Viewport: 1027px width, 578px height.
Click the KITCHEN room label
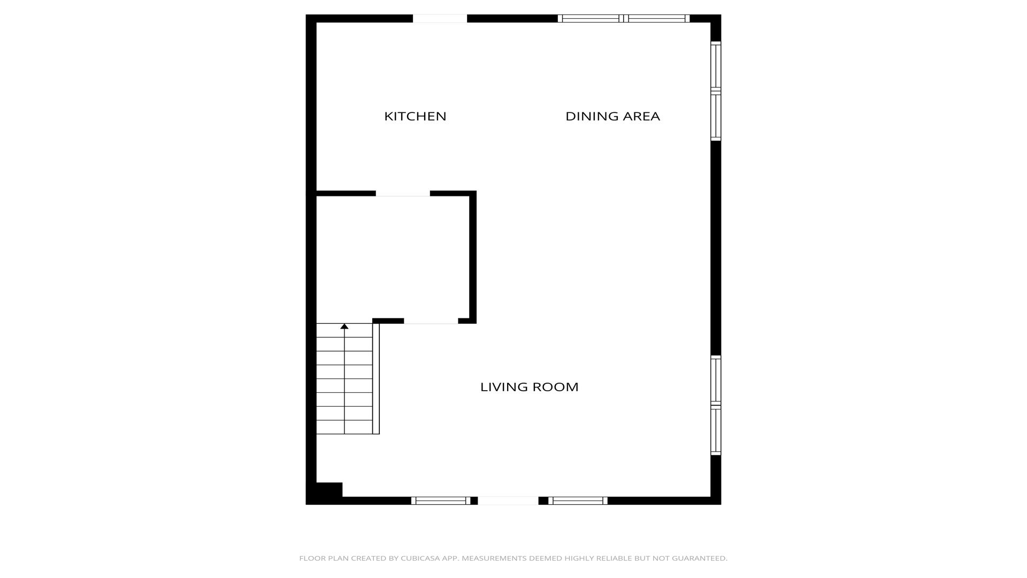click(x=415, y=116)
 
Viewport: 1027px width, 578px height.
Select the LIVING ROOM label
click(x=529, y=387)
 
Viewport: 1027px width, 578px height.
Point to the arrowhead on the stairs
click(x=344, y=326)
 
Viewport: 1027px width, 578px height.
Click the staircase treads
click(x=344, y=378)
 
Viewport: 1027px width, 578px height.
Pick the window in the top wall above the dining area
click(x=624, y=19)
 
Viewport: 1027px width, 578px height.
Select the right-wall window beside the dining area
click(x=716, y=91)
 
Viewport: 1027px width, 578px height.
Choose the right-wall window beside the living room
click(x=716, y=405)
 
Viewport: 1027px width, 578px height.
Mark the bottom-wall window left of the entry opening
click(x=441, y=501)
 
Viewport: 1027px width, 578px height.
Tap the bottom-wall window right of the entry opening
click(x=578, y=501)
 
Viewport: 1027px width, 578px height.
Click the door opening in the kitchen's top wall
click(x=440, y=19)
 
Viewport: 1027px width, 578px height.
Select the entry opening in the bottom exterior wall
click(x=508, y=501)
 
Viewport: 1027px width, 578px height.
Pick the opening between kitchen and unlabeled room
click(x=403, y=193)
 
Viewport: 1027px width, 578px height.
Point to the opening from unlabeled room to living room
click(x=431, y=321)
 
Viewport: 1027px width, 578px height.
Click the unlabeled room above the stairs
click(x=393, y=257)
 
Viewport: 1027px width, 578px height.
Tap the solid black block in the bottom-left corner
click(x=325, y=493)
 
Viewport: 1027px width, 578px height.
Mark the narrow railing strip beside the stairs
click(x=376, y=378)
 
